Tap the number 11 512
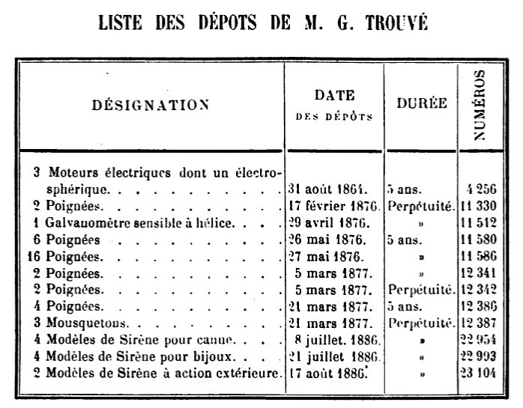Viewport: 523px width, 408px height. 480,222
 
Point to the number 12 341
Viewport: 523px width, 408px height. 480,272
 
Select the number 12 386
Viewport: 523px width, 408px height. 480,306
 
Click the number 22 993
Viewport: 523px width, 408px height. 480,356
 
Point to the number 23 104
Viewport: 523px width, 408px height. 480,372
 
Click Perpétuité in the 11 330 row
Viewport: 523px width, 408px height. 420,206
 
